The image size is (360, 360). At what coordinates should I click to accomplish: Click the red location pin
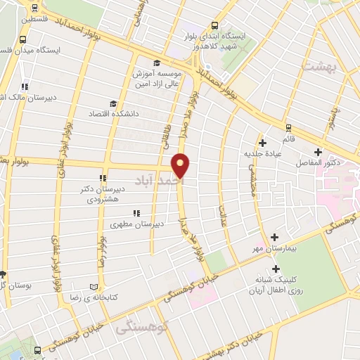point(181,165)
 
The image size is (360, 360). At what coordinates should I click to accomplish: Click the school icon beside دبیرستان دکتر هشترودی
point(103,179)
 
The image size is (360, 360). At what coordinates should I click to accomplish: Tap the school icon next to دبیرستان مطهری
point(136,213)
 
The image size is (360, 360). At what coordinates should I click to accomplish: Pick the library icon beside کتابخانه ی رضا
point(94,287)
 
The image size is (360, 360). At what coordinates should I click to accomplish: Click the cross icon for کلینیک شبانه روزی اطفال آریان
point(276,269)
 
